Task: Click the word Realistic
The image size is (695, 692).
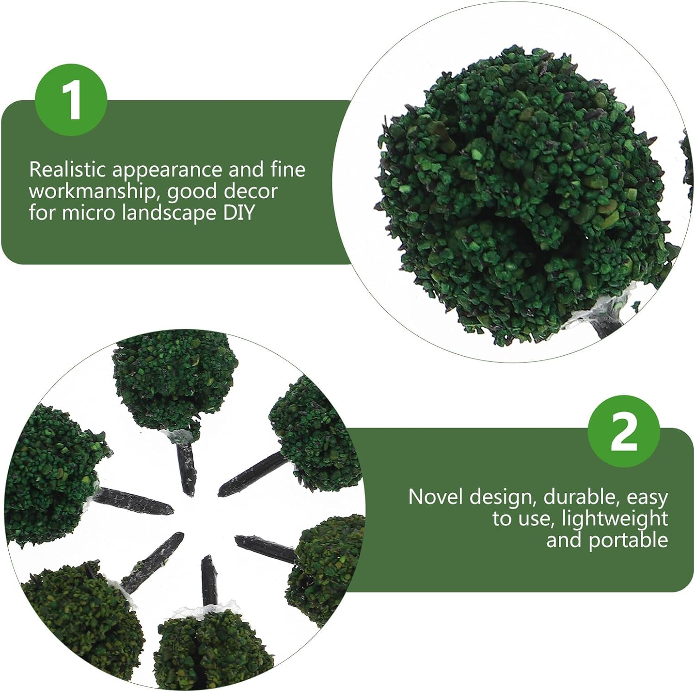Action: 68,170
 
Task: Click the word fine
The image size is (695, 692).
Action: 288,170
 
